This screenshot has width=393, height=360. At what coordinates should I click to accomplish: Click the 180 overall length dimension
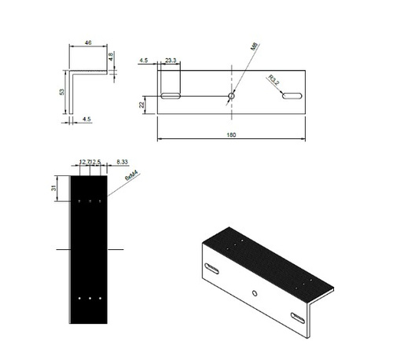tap(231, 134)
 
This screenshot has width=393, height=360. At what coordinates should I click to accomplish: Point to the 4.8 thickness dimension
tap(112, 57)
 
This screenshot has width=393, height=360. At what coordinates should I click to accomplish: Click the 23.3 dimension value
tap(171, 59)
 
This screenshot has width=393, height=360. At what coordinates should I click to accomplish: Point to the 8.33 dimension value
tap(123, 161)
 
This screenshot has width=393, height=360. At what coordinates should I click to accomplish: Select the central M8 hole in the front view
tap(230, 96)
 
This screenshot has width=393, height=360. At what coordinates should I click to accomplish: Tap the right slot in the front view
tap(291, 96)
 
